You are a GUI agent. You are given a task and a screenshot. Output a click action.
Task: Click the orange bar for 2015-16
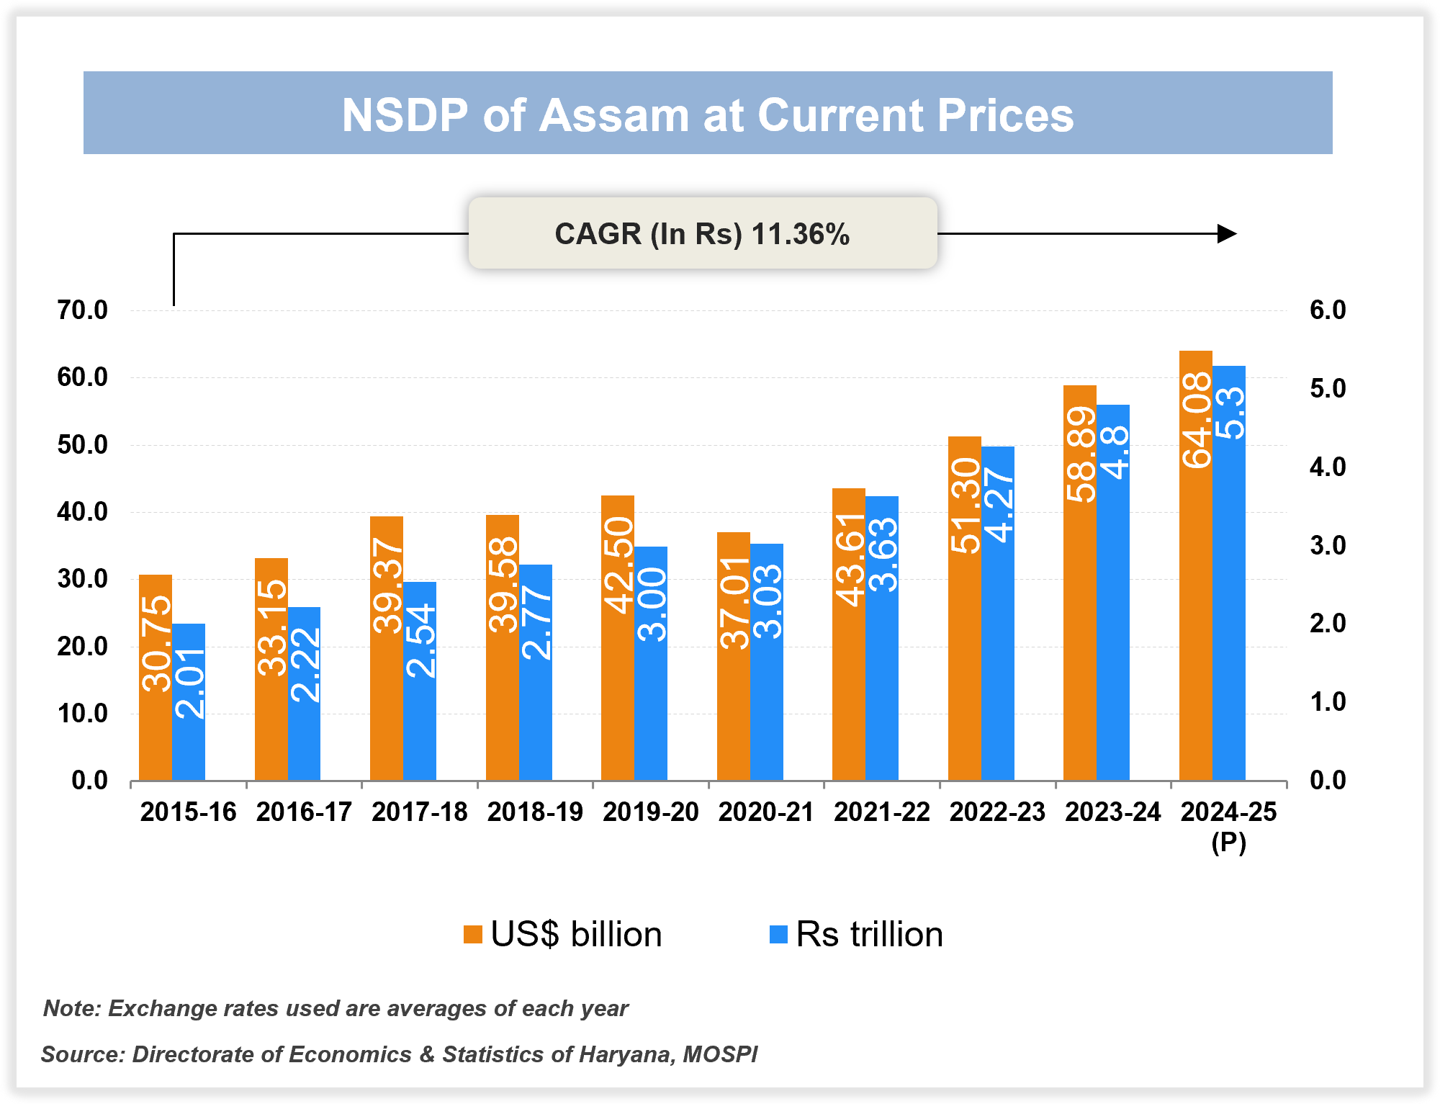coord(156,677)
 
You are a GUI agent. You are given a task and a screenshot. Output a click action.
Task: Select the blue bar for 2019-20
coord(651,663)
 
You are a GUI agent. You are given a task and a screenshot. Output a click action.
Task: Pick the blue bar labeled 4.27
coord(998,612)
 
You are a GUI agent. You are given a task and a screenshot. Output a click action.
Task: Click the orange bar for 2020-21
coord(733,655)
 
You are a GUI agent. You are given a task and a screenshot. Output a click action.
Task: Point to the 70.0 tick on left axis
coord(82,310)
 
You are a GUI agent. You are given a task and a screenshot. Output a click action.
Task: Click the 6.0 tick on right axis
coord(1328,310)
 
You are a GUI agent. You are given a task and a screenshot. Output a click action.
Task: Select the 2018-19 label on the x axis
coord(535,812)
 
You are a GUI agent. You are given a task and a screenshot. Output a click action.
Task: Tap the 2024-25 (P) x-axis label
coord(1228,825)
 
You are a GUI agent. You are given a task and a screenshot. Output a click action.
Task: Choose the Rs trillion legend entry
coord(857,935)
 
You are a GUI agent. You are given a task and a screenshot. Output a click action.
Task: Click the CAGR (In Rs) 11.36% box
coord(703,234)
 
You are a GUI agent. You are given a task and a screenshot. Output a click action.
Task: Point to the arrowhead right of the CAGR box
coord(1227,234)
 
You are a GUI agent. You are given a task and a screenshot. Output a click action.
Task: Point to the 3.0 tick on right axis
coord(1328,545)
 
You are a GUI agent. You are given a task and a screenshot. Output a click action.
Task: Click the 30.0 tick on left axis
coord(82,579)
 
